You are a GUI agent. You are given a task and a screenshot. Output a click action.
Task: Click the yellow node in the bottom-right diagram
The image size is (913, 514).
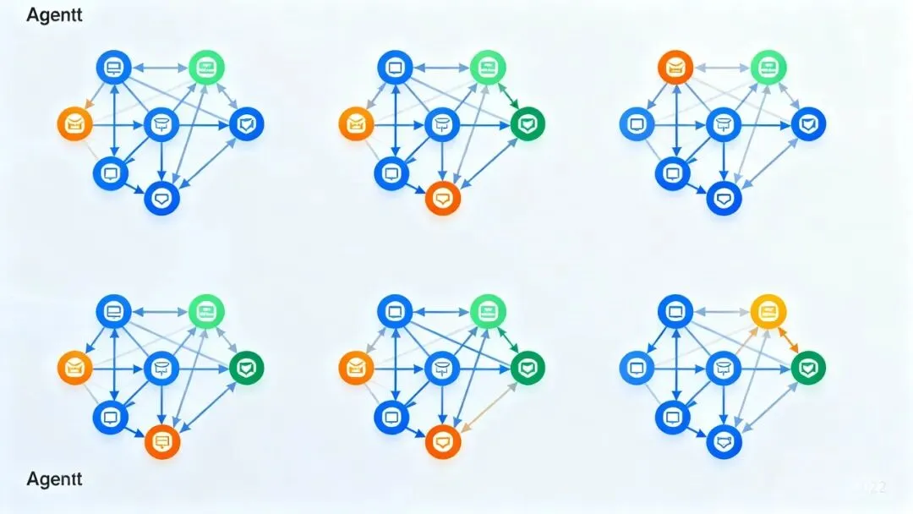click(x=768, y=311)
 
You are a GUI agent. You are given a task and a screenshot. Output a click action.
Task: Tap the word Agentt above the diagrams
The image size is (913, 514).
click(x=55, y=15)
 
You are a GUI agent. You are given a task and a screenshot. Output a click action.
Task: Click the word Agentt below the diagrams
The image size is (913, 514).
click(x=55, y=478)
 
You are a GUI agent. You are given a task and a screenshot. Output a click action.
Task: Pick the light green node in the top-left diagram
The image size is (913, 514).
click(x=205, y=65)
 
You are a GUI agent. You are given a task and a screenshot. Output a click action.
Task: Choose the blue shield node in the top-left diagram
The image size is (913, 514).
click(x=246, y=124)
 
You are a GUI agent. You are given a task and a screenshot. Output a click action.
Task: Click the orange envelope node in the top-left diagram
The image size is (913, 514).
click(x=74, y=124)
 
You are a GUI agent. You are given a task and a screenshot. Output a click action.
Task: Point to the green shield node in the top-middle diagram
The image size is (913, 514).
click(x=528, y=124)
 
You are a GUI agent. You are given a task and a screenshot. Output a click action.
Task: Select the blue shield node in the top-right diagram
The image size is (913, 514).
click(x=808, y=124)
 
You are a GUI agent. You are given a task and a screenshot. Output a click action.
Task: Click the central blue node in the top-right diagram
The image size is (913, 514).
click(x=724, y=124)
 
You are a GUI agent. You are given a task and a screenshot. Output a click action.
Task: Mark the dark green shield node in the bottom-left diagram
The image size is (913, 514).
click(x=246, y=368)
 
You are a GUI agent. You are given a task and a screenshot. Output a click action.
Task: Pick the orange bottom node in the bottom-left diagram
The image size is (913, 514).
click(x=161, y=441)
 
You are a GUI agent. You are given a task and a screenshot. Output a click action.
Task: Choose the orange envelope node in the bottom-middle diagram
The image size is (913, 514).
click(x=356, y=368)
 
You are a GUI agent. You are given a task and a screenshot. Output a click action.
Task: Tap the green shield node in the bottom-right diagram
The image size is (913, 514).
click(x=808, y=368)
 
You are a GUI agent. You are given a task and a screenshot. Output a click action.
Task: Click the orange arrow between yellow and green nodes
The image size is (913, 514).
click(x=789, y=340)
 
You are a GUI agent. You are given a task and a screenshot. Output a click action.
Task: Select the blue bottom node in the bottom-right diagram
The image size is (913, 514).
click(x=724, y=441)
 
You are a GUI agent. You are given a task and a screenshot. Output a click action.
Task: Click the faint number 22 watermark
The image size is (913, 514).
click(x=873, y=487)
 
